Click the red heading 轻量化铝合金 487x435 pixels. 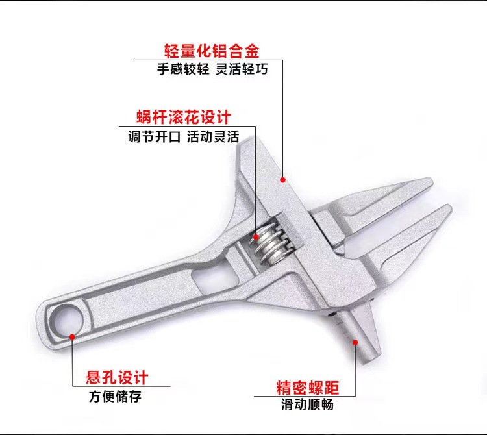coord(211,50)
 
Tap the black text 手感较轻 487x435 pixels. coord(183,69)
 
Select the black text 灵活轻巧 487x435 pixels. coord(240,69)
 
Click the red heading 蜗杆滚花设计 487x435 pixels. coord(184,118)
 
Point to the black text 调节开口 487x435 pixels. coord(154,137)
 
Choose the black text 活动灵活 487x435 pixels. coord(213,137)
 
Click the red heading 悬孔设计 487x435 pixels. coord(118,377)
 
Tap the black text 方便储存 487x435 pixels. coord(115,396)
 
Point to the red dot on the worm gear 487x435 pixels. coord(256,236)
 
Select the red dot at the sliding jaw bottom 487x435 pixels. coord(355,340)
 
